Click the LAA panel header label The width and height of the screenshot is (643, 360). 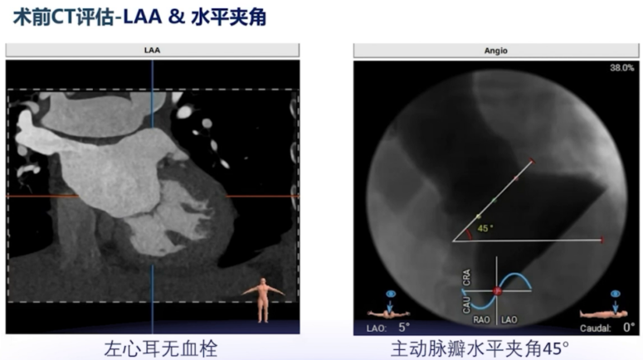pos(152,51)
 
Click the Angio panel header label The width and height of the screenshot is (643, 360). pos(495,51)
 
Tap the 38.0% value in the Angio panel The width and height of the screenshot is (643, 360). pos(621,67)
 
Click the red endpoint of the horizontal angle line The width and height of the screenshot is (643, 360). pos(603,241)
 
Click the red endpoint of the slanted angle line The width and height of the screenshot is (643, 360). pos(533,162)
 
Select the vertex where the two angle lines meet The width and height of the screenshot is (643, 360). pos(453,241)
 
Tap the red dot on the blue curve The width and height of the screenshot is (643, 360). pos(496,291)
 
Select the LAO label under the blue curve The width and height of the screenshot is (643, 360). pos(509,319)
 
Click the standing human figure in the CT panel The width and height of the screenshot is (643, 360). pos(263,299)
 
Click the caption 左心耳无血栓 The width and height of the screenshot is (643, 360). pos(152,348)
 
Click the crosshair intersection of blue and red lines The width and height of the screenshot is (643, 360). pos(152,197)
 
